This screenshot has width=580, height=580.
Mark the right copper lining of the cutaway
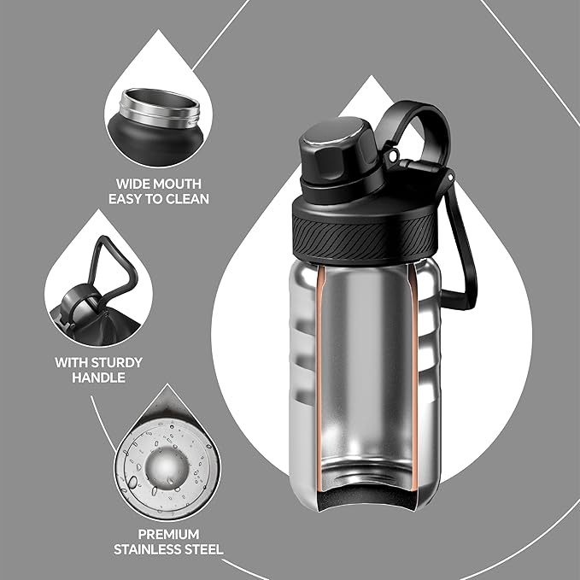[416, 376]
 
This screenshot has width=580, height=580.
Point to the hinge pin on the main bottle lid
[393, 156]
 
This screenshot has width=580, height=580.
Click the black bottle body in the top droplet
[155, 142]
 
